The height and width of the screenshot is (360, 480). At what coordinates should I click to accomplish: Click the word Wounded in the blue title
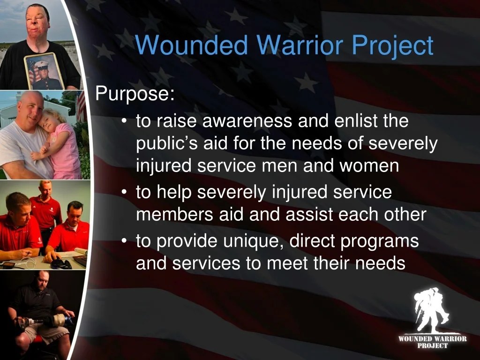[191, 45]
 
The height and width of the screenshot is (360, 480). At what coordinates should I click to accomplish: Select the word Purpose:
[135, 94]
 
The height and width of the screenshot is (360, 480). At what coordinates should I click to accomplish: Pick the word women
[369, 165]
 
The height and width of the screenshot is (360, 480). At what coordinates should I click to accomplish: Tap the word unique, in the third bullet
[253, 241]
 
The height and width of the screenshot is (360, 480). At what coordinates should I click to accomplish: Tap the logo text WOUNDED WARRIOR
[433, 339]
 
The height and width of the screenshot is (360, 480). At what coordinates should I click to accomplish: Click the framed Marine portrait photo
[45, 72]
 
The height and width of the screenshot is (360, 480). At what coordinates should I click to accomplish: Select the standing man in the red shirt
[46, 211]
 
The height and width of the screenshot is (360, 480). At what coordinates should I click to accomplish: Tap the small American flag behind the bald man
[82, 105]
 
